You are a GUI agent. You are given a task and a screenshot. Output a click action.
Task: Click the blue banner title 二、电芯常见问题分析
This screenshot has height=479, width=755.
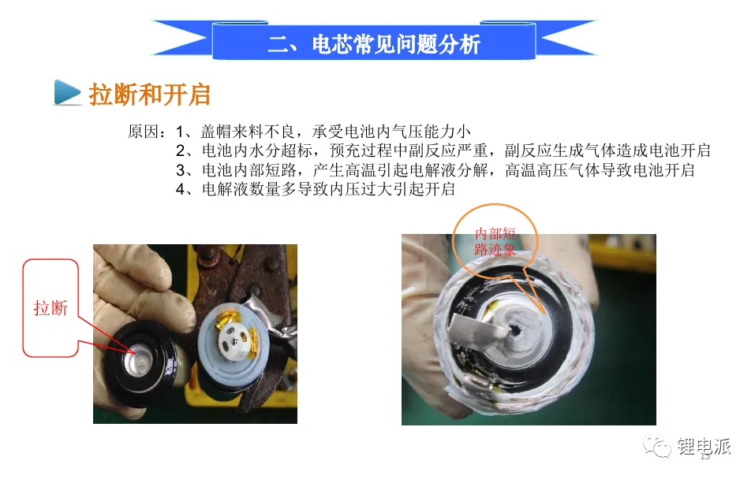[374, 44]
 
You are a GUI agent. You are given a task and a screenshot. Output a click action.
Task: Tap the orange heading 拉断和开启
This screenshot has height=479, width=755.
[150, 94]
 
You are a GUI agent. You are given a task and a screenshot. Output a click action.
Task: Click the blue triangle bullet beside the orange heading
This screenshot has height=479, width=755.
[67, 92]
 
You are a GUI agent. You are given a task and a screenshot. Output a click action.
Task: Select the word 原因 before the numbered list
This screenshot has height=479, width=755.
[143, 132]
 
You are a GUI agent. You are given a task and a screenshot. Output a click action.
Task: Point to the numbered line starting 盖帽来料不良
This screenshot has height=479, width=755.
[323, 132]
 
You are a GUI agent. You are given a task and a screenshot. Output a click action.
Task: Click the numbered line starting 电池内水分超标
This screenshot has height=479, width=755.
[443, 150]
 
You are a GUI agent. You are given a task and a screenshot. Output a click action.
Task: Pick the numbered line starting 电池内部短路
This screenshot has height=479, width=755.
[435, 169]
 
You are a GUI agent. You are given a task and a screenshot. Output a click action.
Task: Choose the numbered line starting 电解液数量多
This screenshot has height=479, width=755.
[316, 189]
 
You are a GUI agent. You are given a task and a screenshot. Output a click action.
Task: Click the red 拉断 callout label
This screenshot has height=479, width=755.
[50, 308]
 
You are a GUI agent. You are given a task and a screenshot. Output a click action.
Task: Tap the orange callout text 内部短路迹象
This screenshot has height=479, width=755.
[495, 241]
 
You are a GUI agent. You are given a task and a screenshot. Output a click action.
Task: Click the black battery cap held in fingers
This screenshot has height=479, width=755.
[144, 363]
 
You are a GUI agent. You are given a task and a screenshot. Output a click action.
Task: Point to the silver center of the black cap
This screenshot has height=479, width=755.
[141, 361]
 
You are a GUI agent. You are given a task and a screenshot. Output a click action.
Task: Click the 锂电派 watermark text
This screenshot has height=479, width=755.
[704, 446]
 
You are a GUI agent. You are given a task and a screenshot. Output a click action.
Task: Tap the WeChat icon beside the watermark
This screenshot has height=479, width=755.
[656, 445]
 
